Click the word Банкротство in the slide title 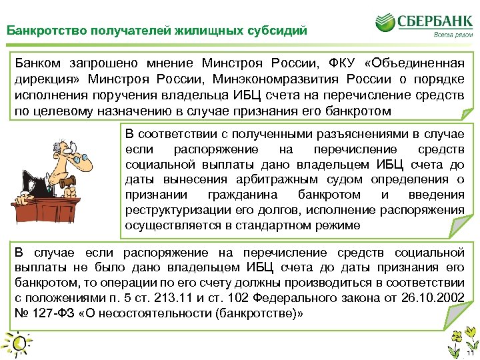pyautogui.click(x=37, y=30)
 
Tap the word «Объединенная pyautogui.click(x=414, y=63)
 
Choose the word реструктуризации pyautogui.click(x=178, y=210)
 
